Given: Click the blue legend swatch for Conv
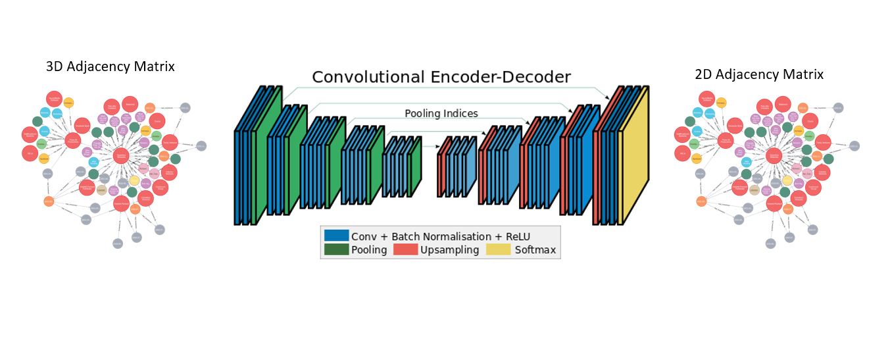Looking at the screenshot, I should coord(336,236).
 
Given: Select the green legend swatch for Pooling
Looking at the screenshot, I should coord(336,249).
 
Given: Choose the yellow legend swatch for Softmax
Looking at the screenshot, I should coord(498,249).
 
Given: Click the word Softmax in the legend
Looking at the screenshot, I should coord(535,250).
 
